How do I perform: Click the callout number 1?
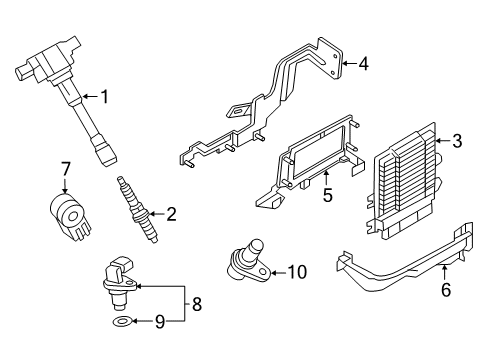(x=105, y=97)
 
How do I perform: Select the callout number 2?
(x=171, y=214)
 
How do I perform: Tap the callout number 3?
(x=457, y=141)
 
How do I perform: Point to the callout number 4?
(x=363, y=63)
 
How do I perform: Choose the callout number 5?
(x=328, y=195)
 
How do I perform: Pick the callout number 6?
(x=446, y=289)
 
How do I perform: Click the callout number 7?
(x=65, y=169)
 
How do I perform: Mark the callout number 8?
(x=197, y=304)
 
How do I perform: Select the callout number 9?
(x=160, y=322)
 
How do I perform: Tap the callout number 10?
(x=297, y=272)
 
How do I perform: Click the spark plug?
(x=137, y=210)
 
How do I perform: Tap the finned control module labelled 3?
(x=405, y=181)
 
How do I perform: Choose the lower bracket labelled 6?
(x=405, y=258)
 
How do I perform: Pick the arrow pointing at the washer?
(x=143, y=321)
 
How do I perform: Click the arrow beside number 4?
(x=349, y=63)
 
